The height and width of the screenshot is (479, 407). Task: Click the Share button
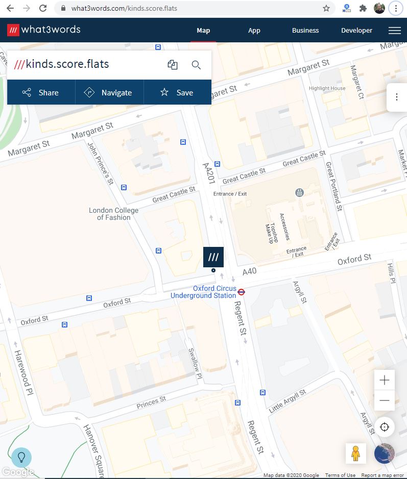tap(41, 92)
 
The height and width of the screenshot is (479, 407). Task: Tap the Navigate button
tap(109, 92)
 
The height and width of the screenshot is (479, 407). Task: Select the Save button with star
tap(177, 92)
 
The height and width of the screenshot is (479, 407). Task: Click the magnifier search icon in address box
tap(196, 65)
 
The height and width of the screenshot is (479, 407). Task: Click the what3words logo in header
tap(44, 30)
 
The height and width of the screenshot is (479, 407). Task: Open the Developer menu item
tap(356, 30)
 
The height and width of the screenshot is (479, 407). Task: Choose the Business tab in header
tap(305, 30)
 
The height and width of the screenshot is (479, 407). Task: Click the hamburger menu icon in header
tap(394, 30)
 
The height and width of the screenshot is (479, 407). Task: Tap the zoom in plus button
tap(385, 380)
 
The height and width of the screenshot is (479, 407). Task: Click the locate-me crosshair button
tap(385, 427)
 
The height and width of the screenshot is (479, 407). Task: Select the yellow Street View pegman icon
tap(356, 453)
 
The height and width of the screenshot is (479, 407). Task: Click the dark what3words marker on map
tap(213, 257)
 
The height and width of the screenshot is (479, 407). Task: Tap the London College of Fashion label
tap(113, 214)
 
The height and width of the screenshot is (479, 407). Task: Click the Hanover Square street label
tap(93, 449)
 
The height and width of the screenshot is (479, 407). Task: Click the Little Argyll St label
tap(288, 400)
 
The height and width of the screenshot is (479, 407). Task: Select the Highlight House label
tap(327, 88)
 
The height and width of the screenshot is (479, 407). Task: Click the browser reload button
tap(43, 8)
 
